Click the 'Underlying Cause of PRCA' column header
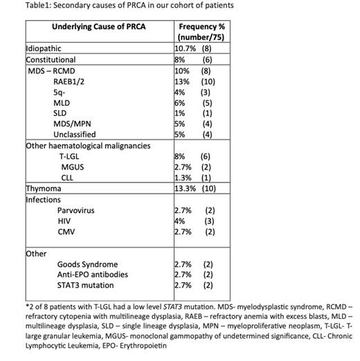98,26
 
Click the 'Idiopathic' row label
43,49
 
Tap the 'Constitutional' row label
51,59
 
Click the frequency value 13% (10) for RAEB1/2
195,81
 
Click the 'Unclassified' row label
74,133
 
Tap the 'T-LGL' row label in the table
70,156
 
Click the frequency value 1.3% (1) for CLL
195,177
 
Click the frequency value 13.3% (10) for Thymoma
197,188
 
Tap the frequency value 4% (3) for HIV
195,220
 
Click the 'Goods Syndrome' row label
87,264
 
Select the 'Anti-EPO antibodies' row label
93,275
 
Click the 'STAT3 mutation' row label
86,285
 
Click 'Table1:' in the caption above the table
19,6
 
